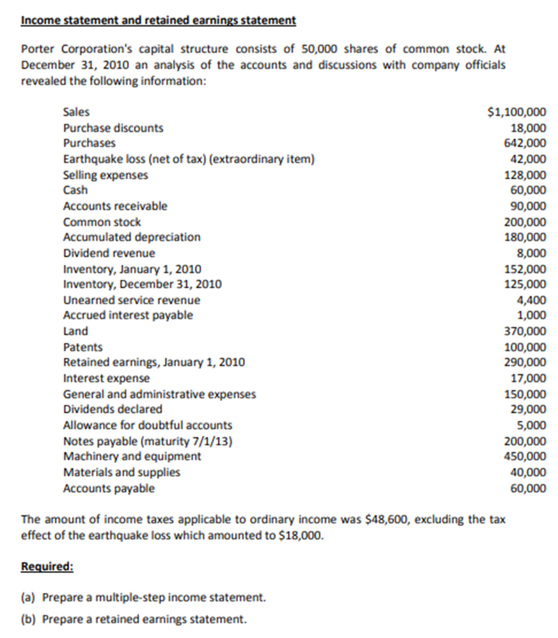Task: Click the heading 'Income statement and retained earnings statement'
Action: click(158, 20)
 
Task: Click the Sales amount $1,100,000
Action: click(518, 112)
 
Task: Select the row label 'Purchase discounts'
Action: click(113, 128)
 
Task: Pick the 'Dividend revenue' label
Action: click(109, 253)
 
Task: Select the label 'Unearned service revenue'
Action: click(132, 300)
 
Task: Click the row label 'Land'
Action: click(75, 331)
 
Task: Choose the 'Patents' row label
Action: click(82, 348)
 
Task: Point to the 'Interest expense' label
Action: click(106, 379)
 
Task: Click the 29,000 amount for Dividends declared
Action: click(528, 409)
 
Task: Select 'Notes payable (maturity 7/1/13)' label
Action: click(148, 442)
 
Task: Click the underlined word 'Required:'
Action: click(47, 567)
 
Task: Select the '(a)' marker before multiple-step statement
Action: click(28, 598)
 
